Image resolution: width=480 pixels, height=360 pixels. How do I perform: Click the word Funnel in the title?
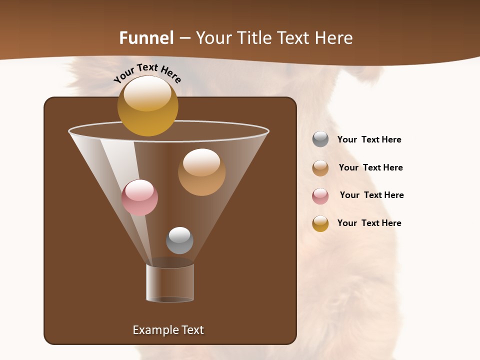tap(146, 38)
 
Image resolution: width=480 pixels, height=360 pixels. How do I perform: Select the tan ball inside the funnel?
tap(201, 172)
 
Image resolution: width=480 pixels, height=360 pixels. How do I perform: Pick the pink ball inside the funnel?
tap(139, 198)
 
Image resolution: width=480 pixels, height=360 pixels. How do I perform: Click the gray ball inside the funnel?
tap(179, 240)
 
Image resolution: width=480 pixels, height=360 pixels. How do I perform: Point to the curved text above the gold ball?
tap(147, 73)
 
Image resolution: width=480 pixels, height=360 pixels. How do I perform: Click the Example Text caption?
tap(168, 330)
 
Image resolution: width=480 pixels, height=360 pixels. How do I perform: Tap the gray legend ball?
tap(320, 139)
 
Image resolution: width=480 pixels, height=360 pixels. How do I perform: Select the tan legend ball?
tap(320, 168)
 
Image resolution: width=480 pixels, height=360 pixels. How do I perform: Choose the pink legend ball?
tap(320, 196)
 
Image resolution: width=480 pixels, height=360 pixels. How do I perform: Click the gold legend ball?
tap(320, 223)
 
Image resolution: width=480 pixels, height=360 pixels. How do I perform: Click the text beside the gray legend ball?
tap(369, 139)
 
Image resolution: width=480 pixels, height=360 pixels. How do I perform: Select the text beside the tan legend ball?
tap(370, 167)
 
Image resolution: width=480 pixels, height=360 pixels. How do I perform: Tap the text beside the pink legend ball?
tap(371, 195)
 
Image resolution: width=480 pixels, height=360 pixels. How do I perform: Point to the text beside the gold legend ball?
tap(369, 223)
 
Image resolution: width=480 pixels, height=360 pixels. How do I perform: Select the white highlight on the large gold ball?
tap(147, 92)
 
